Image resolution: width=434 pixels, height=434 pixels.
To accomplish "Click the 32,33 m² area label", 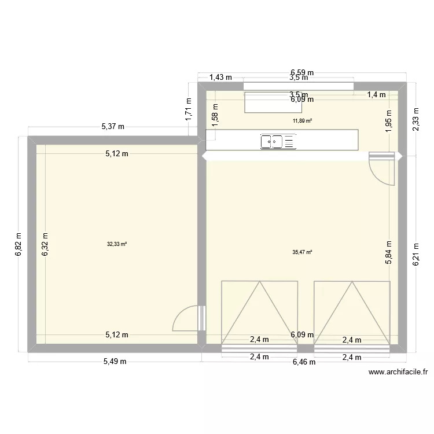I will (117, 244).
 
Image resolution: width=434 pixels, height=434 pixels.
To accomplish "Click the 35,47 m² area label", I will (303, 252).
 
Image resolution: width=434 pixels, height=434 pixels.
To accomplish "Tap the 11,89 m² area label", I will (303, 121).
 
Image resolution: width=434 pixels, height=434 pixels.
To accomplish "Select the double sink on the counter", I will (279, 141).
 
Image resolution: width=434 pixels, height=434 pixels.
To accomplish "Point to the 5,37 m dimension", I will (113, 126).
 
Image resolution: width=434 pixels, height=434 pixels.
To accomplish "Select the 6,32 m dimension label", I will (45, 244).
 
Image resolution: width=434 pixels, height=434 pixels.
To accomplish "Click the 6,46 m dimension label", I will (304, 362).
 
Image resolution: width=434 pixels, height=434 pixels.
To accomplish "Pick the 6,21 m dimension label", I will (415, 253).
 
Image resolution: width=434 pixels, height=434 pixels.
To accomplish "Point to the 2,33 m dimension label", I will (415, 120).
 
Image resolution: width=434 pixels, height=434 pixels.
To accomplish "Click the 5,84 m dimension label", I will (389, 252).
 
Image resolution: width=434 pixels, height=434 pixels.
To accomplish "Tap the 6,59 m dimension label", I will (302, 73).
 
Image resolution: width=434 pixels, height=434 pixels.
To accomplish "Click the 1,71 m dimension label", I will (189, 109).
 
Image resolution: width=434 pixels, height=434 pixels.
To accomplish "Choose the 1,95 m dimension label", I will (389, 121).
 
